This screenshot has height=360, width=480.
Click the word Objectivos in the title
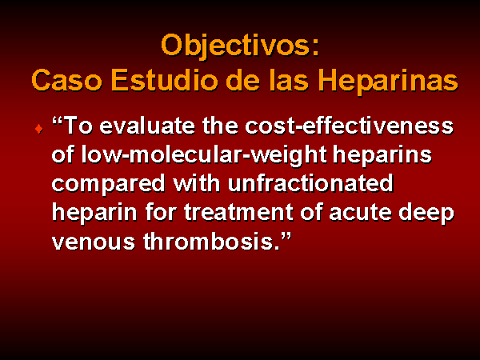coord(234,46)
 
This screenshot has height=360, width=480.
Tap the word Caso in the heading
coord(66,80)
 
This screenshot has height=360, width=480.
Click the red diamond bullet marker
coord(39,129)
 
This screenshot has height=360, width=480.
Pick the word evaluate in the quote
coord(147,126)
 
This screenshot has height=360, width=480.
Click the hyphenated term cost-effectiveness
coord(350,126)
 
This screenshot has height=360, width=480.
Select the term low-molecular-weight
coord(205,156)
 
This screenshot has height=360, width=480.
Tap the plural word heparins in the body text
coord(382,156)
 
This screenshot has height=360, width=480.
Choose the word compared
coord(108,185)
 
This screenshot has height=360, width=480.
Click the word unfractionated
coord(310,183)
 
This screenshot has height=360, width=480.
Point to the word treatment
coord(239,212)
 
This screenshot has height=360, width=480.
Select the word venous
coord(94,242)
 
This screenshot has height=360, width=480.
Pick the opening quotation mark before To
coord(58,120)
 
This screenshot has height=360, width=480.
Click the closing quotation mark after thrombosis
coord(286,236)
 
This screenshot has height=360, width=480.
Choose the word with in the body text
coord(197,183)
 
